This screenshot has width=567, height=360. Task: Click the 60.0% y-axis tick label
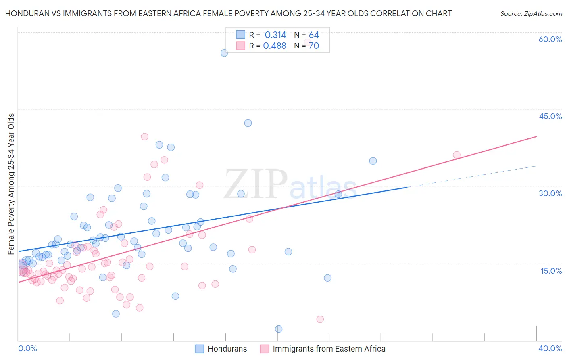550,39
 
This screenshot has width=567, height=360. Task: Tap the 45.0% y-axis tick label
550,116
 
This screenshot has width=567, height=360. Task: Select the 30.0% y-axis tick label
550,193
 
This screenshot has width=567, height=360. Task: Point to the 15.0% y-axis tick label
551,271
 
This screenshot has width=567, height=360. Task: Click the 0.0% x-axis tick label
27,348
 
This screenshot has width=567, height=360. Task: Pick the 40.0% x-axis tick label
550,348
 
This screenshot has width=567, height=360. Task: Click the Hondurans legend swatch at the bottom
199,349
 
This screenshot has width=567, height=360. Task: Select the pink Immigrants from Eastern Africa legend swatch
264,349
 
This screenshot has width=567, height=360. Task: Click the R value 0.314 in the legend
275,35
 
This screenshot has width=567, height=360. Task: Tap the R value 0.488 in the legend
275,46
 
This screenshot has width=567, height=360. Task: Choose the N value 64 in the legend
314,35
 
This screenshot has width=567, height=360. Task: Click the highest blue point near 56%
224,53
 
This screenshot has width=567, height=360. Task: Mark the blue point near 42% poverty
248,123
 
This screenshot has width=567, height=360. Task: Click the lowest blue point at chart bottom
279,329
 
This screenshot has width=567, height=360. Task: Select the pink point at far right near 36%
457,155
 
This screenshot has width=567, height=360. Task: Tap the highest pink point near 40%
145,137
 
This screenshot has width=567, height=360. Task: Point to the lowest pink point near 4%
320,319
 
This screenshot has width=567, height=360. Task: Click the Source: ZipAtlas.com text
531,14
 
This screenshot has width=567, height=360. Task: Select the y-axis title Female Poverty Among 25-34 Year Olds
11,184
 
